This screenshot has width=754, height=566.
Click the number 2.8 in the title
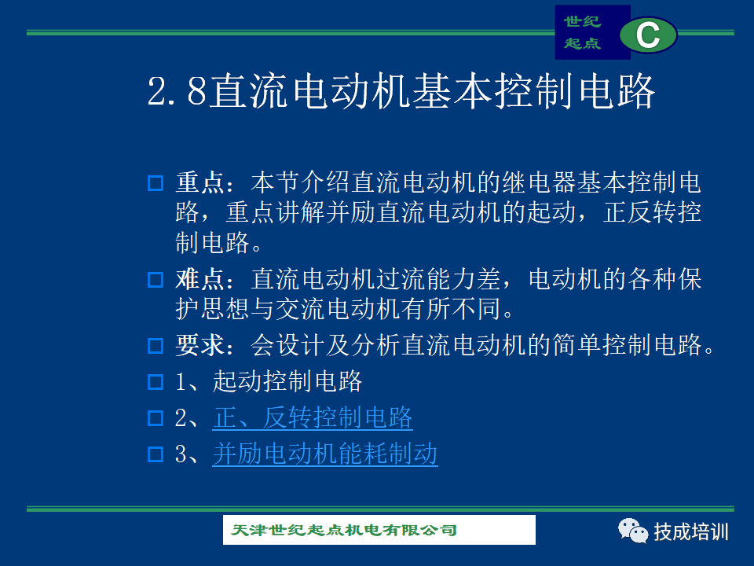[x=177, y=90]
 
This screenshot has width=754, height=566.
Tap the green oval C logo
[x=648, y=35]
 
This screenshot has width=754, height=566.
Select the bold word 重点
[x=199, y=183]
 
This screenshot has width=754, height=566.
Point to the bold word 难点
[x=199, y=279]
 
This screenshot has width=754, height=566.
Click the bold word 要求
[x=199, y=345]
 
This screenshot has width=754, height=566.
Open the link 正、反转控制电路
[x=313, y=417]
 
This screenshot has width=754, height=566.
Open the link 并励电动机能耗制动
[x=325, y=454]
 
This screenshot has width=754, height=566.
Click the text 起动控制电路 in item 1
[x=287, y=381]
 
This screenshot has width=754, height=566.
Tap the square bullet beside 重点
[x=156, y=183]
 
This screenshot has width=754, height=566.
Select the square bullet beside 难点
[x=156, y=280]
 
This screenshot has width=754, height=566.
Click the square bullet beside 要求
[x=156, y=346]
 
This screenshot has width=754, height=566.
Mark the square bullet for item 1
[x=156, y=382]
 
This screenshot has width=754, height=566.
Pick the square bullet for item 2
[x=156, y=417]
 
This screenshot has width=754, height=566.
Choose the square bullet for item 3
[x=156, y=454]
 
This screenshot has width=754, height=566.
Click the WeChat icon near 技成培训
[x=633, y=531]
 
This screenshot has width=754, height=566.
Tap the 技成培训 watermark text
[x=691, y=532]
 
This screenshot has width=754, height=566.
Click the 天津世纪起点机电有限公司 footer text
[x=344, y=530]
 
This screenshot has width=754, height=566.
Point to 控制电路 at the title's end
[x=575, y=90]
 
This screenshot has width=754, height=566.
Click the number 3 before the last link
[x=181, y=454]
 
